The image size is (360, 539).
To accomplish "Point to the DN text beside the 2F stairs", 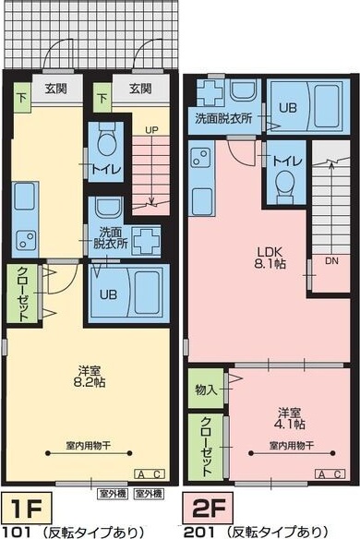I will point(331,261).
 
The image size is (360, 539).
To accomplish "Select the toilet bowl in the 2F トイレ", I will point(282,185).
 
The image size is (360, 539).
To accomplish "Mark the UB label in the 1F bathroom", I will point(104,293).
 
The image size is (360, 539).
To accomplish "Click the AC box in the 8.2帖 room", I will point(150,473).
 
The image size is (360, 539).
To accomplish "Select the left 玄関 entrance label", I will point(52,89).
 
